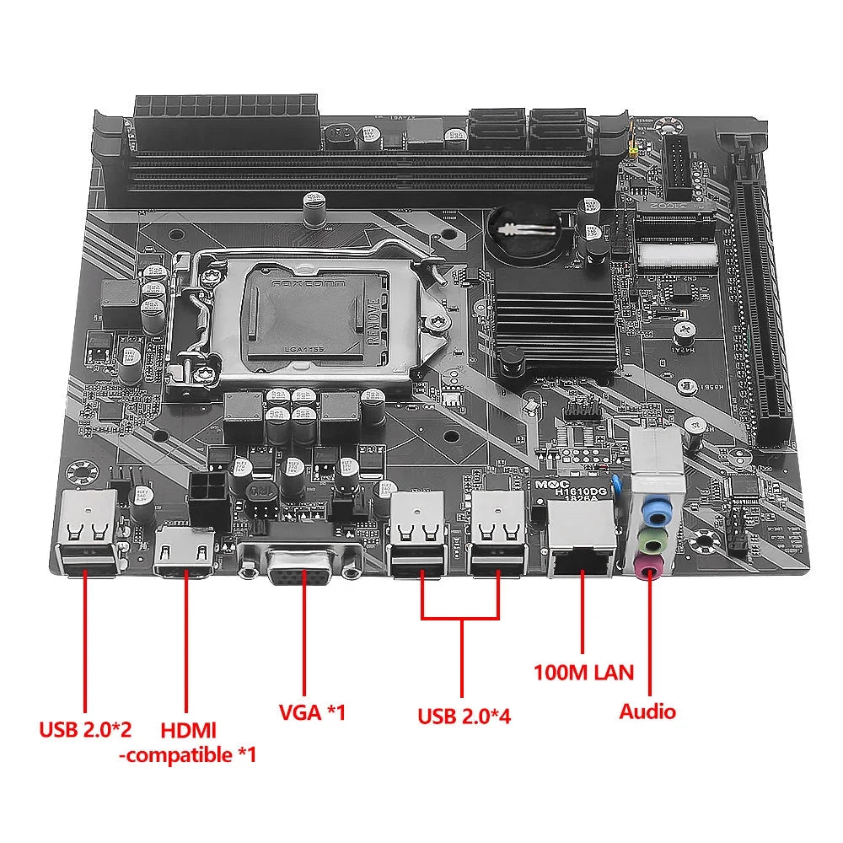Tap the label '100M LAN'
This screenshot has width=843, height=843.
(583, 672)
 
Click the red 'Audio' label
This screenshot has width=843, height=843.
(647, 711)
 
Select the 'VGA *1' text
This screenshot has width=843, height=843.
(312, 711)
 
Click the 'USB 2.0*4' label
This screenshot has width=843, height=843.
(464, 717)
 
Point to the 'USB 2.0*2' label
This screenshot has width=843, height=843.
(85, 728)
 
